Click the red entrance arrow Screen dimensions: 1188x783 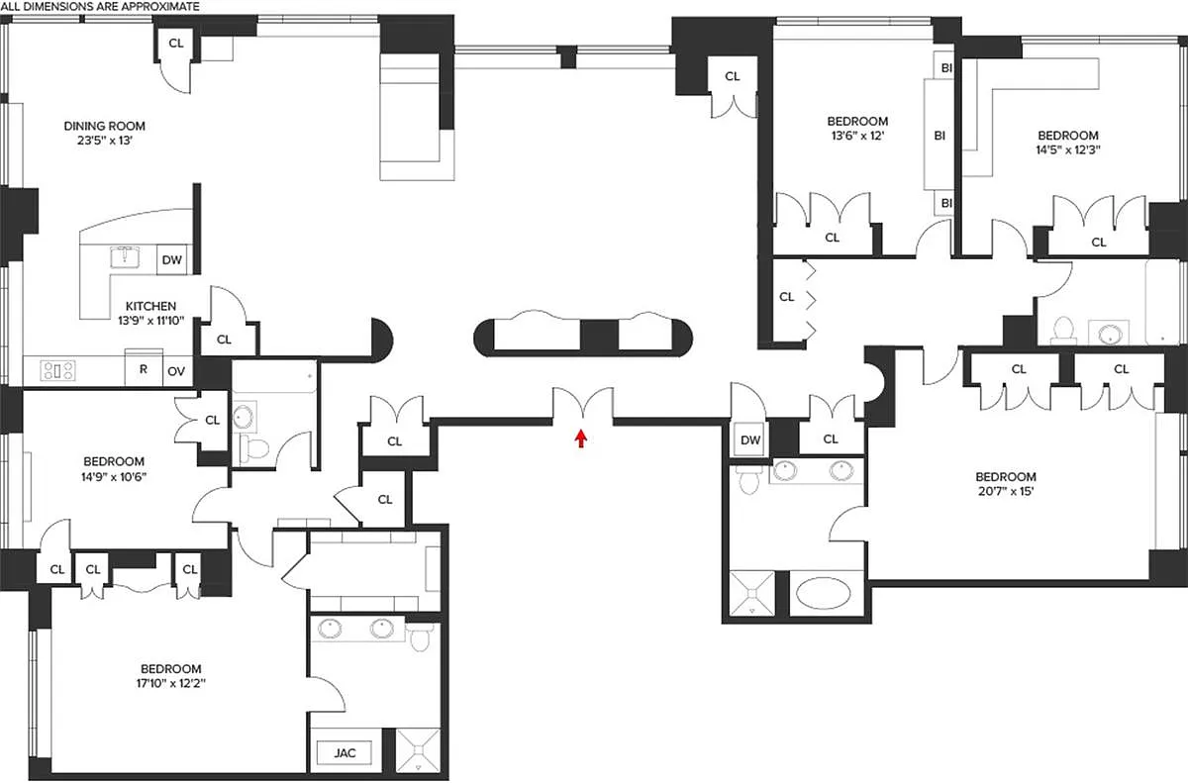[581, 438]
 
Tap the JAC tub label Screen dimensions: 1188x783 [345, 752]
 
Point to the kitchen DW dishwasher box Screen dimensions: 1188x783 [172, 259]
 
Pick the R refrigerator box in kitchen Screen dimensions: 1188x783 [144, 369]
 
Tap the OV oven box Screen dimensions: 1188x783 [176, 371]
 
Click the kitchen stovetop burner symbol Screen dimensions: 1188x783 [57, 370]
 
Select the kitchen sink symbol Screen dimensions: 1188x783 [125, 257]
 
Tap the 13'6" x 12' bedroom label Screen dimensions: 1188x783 [857, 129]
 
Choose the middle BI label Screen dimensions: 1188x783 [940, 136]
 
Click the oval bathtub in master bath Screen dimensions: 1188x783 [823, 593]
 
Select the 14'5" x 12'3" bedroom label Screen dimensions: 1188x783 [1068, 143]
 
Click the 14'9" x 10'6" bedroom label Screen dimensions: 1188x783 [114, 469]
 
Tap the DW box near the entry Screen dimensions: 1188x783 [750, 440]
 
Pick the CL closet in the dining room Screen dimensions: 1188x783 [175, 44]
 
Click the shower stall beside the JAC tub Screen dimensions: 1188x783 [419, 750]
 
